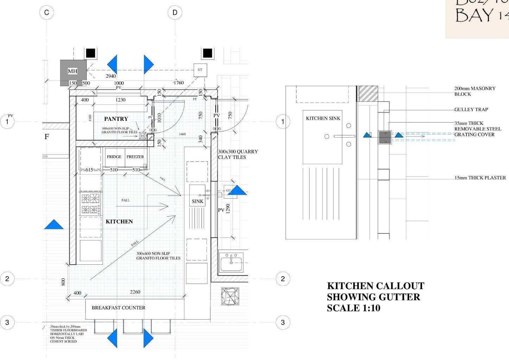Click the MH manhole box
pos(73,71)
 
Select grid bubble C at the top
pos(46,13)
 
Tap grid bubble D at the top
pos(175,13)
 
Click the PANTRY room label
pos(116,119)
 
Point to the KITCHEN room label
pos(119,221)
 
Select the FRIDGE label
pos(114,157)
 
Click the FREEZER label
pos(135,157)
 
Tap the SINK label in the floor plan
pos(197,201)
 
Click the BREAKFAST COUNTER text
pos(119,308)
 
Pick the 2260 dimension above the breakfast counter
pos(135,292)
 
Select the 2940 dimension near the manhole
pos(111,76)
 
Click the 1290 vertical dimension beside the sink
pos(228,208)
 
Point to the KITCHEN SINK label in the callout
pos(323,118)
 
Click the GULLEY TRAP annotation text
pos(471,109)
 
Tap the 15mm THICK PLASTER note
pos(480,178)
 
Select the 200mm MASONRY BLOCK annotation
pos(475,91)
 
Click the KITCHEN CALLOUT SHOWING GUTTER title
pos(375,297)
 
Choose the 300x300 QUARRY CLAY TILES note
pos(238,154)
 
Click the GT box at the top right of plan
pos(200,70)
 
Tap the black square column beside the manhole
pos(90,53)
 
